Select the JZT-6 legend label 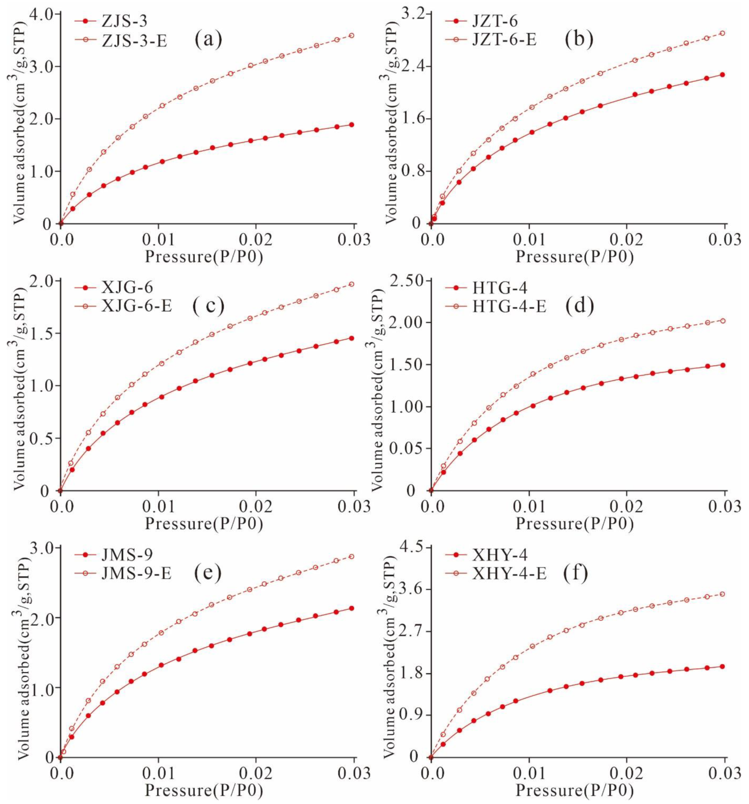495,20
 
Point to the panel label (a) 208,39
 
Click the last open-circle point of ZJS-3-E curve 351,36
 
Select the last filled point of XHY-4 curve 722,667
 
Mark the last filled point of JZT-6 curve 722,75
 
